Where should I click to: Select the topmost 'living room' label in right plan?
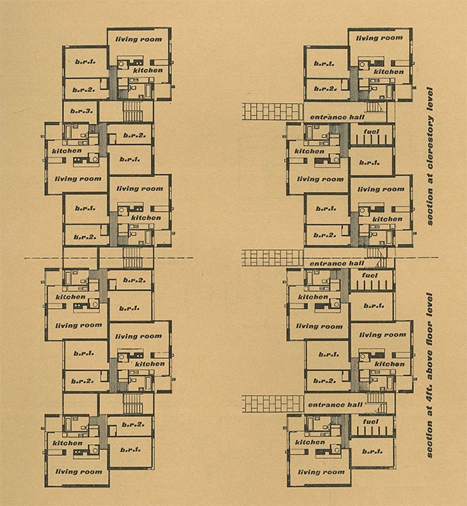coord(379,38)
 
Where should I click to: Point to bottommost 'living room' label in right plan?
coord(320,471)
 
